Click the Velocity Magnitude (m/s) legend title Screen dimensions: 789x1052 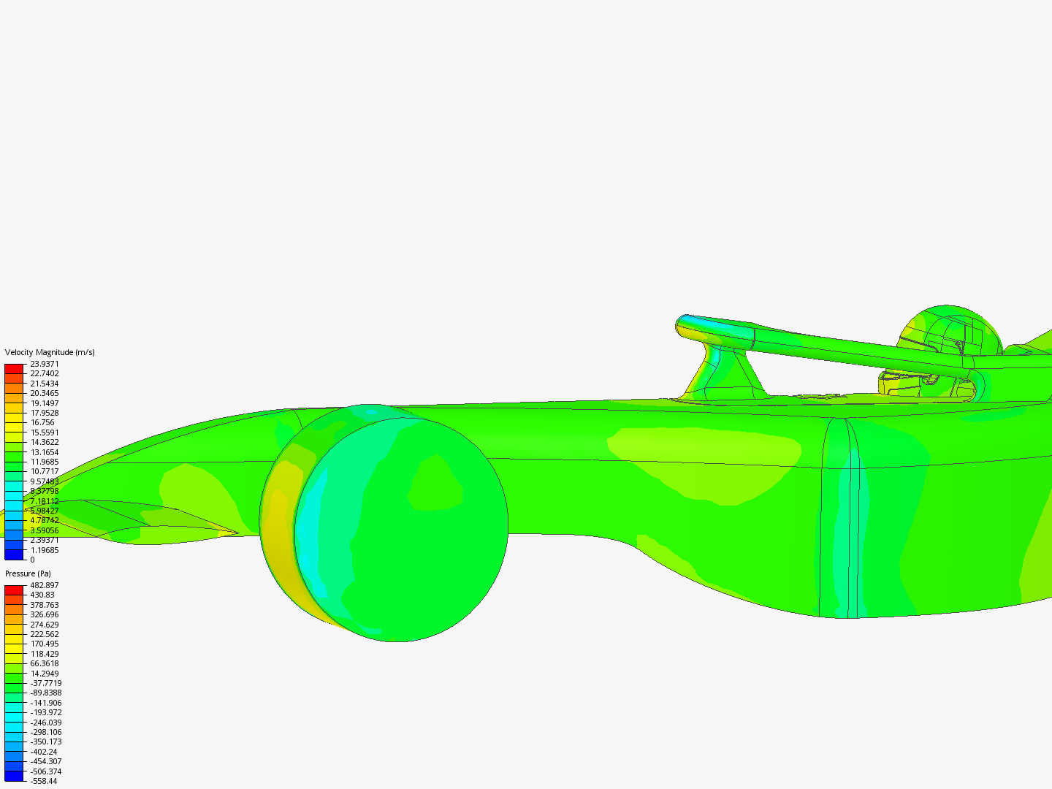coord(50,352)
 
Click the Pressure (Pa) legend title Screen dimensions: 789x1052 coord(28,573)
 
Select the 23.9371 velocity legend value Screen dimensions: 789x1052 coord(44,364)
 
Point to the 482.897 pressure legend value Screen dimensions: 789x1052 coord(44,585)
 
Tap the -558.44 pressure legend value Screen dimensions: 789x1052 coord(43,781)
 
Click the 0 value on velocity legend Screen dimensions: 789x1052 coord(32,560)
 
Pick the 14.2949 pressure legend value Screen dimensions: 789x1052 coord(44,674)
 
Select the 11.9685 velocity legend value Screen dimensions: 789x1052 coord(44,462)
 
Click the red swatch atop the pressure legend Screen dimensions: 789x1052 coord(14,590)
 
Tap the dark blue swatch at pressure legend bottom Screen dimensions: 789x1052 coord(14,776)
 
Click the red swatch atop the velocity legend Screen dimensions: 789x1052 coord(14,368)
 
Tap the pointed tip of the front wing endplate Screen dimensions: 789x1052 coord(236,533)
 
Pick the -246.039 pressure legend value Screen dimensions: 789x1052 coord(45,723)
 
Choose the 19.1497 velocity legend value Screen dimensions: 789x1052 coord(44,403)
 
